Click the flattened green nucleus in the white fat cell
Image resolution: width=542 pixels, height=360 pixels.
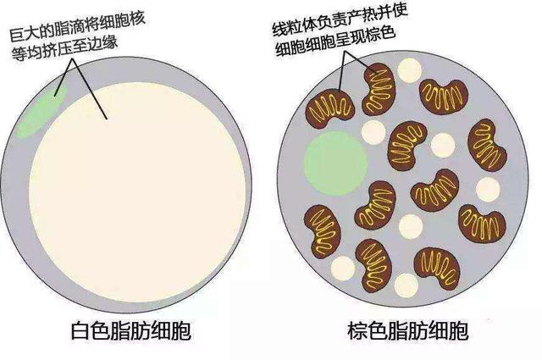(41, 111)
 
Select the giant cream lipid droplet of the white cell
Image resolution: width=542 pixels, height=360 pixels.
(137, 192)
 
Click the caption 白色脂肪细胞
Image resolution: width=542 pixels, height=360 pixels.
(131, 331)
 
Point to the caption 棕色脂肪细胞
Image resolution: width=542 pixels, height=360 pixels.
(408, 331)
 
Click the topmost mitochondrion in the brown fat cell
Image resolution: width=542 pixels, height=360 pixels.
(379, 89)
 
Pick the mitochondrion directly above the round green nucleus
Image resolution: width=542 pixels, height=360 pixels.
(329, 109)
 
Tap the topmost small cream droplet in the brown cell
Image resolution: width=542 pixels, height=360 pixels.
(409, 70)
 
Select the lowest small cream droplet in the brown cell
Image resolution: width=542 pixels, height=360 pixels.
(406, 285)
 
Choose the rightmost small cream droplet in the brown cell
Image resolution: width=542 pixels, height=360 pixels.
(488, 190)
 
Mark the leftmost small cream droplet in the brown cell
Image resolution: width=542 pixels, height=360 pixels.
(343, 268)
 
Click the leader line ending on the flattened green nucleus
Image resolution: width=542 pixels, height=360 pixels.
(64, 77)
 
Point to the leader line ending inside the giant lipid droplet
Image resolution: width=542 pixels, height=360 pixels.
(90, 89)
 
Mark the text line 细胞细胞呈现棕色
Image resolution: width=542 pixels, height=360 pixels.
(335, 42)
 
